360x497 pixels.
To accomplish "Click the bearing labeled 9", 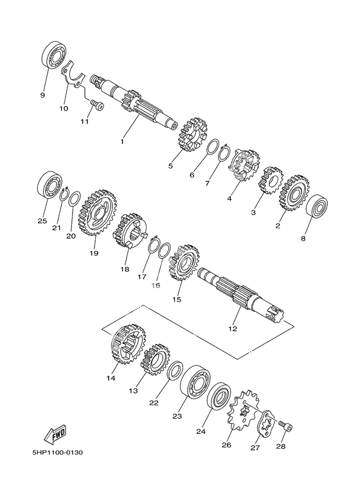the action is pos(54,56).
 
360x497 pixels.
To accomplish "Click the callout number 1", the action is pos(122,141).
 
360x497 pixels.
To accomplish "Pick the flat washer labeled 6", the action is pos(213,147).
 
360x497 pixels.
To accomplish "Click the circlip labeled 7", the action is pos(225,153).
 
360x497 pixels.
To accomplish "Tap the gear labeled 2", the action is pos(294,192).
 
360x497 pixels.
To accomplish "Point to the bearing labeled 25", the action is pos(50,185).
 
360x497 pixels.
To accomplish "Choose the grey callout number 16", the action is pos(156,285).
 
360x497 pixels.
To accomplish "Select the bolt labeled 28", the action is pos(285,426).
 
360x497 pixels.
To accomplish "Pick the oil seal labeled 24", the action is pos(219,396).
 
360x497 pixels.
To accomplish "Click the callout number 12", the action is pos(233,329).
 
